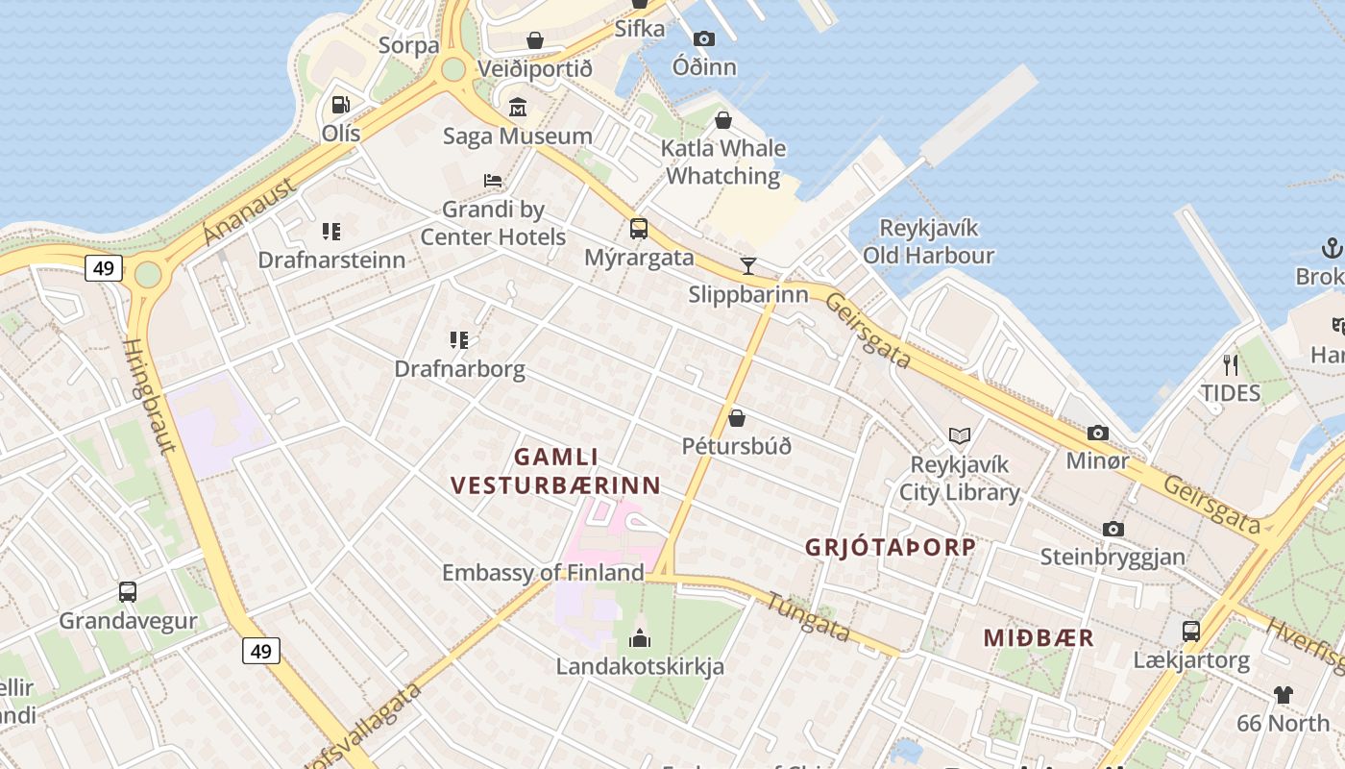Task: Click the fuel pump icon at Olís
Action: point(340,105)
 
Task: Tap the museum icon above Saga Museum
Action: point(518,107)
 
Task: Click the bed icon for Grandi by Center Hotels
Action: point(493,180)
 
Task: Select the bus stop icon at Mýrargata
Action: point(639,229)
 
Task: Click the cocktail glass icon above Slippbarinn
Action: point(748,265)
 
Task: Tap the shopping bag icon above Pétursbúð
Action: point(737,418)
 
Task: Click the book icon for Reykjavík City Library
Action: point(959,435)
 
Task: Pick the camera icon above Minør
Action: point(1098,433)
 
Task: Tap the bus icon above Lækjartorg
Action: point(1191,632)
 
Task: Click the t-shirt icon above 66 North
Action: point(1284,694)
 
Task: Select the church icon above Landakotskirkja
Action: point(640,637)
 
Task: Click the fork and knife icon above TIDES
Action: point(1230,364)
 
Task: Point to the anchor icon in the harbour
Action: point(1332,248)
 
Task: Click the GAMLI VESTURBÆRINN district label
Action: point(556,471)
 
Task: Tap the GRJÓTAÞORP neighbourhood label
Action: point(890,548)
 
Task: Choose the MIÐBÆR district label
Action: point(1039,638)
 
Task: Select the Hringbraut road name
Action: point(151,395)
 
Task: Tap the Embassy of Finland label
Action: point(543,573)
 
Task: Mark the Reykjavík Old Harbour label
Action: point(928,241)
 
